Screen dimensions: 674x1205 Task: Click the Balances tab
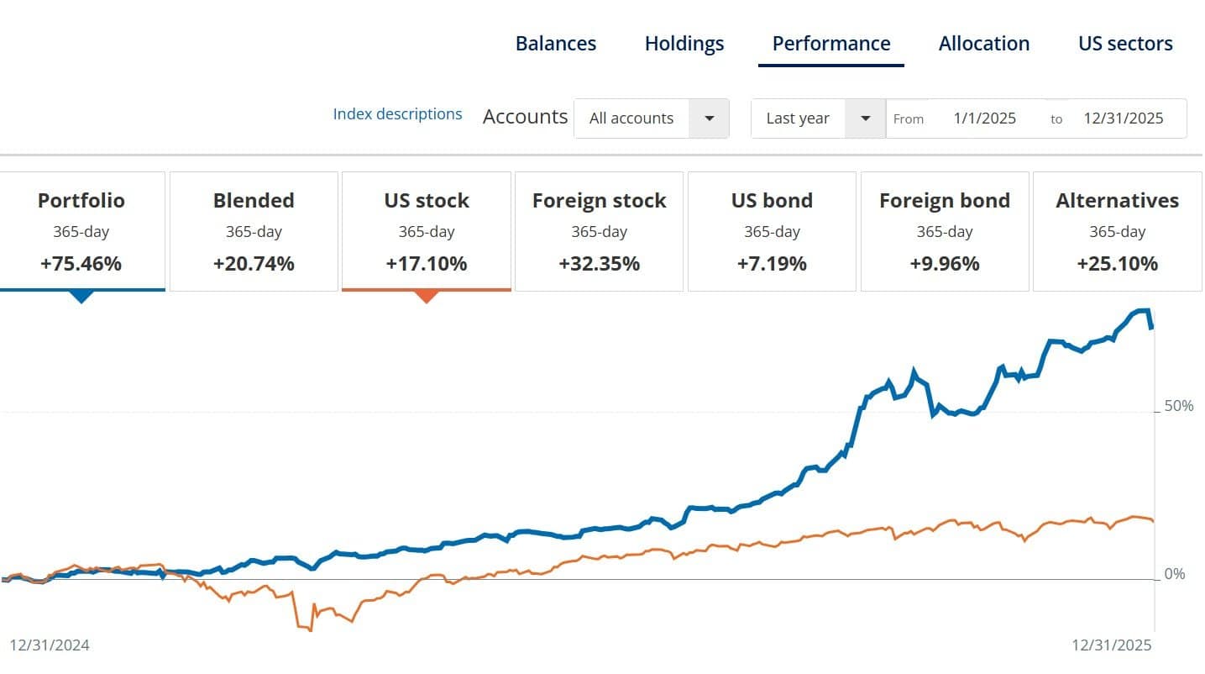(x=556, y=44)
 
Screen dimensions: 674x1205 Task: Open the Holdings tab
(x=684, y=44)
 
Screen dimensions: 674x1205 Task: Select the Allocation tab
(x=984, y=44)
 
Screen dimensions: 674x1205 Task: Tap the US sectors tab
(x=1125, y=44)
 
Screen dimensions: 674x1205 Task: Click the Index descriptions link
(x=397, y=114)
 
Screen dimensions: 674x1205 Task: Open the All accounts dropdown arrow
(x=710, y=118)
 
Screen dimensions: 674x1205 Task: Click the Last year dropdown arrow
(x=866, y=118)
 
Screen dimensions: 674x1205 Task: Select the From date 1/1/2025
(x=984, y=118)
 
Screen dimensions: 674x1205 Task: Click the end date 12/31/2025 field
(x=1123, y=118)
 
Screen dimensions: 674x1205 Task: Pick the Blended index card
(x=254, y=231)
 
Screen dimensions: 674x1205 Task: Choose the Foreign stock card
(x=599, y=231)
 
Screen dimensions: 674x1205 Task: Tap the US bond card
(x=772, y=231)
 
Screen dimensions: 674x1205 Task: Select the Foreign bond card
(x=945, y=231)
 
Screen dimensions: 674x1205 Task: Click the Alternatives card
(x=1117, y=231)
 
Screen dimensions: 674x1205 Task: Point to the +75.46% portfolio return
(x=81, y=264)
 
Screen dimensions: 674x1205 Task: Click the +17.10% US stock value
(x=427, y=264)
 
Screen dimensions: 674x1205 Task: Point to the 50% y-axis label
(x=1179, y=406)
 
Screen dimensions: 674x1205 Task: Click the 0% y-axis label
(x=1176, y=574)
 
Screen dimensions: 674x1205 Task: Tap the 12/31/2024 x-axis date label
(x=49, y=645)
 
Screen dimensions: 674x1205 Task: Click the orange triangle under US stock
(x=427, y=296)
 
